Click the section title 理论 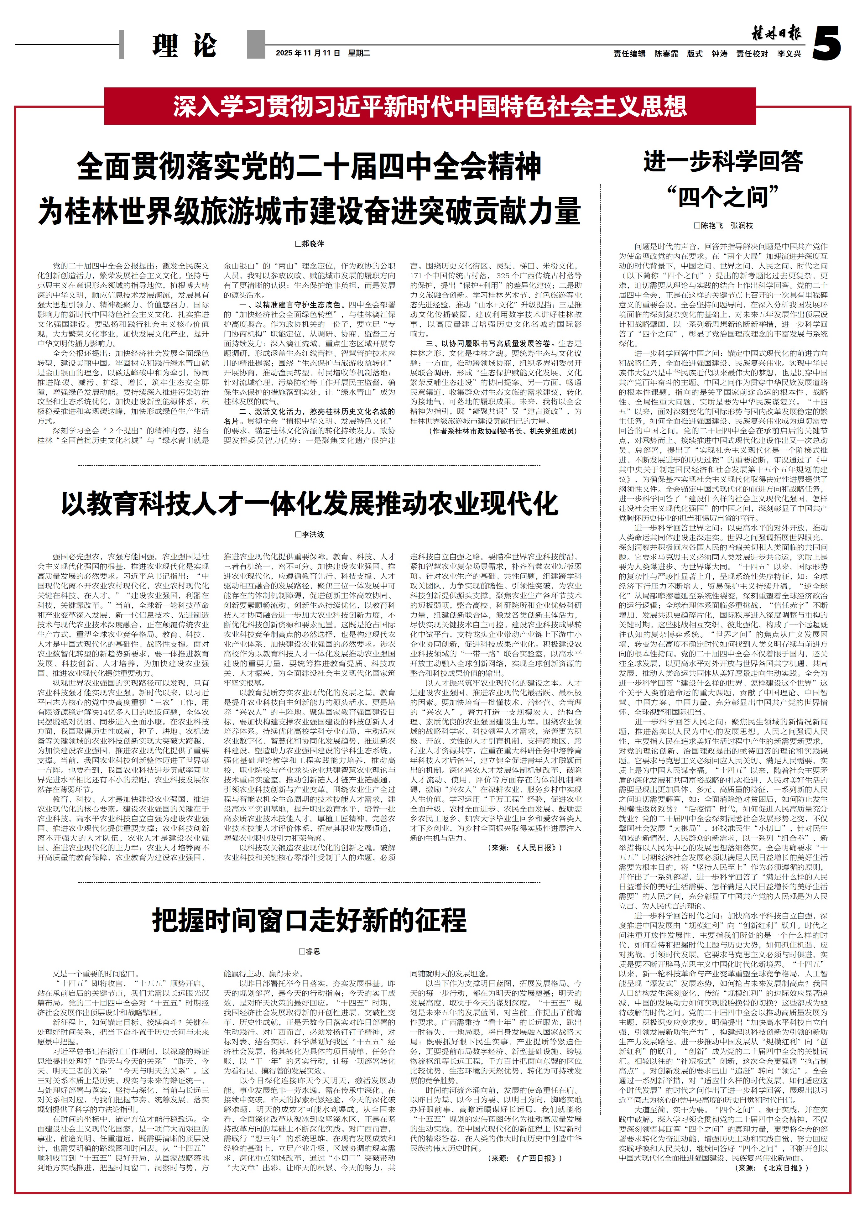[184, 45]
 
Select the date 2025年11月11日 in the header [308, 53]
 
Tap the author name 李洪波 [310, 534]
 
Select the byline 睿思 [310, 951]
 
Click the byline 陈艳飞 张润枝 [723, 226]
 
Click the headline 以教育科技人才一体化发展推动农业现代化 [310, 504]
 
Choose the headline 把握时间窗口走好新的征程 [310, 920]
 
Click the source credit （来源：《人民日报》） [525, 848]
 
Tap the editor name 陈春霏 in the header [666, 54]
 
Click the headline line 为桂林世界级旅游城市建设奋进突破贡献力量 [310, 211]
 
